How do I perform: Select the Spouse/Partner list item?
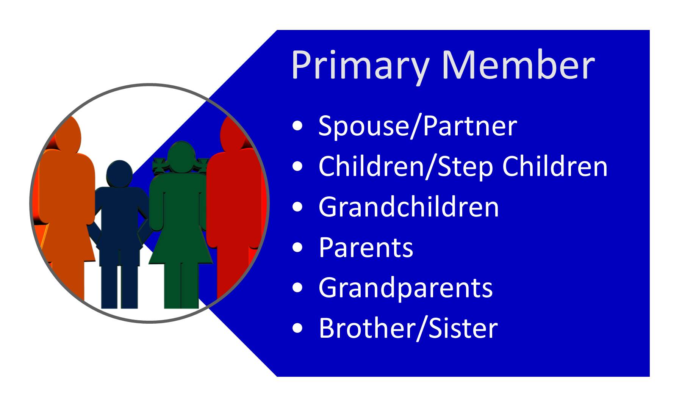click(418, 126)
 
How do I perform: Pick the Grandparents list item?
click(406, 288)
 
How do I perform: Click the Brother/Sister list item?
click(408, 328)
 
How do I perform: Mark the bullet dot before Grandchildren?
click(298, 207)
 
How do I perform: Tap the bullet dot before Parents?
click(298, 247)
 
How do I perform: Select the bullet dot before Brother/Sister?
click(298, 328)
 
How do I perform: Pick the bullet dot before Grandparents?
click(298, 287)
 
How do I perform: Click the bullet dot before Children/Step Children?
click(298, 166)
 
